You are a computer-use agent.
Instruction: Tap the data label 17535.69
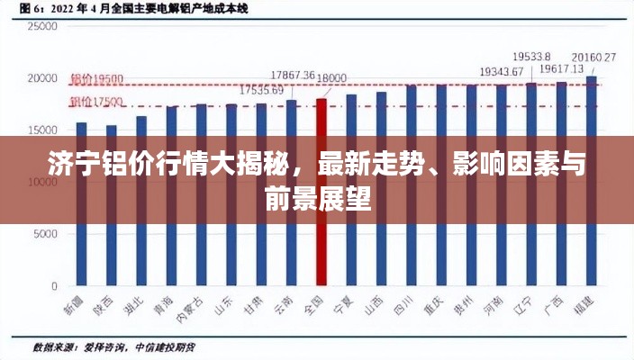click(x=261, y=90)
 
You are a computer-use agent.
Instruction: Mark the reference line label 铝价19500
click(x=96, y=78)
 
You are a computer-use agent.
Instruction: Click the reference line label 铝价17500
click(x=96, y=101)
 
